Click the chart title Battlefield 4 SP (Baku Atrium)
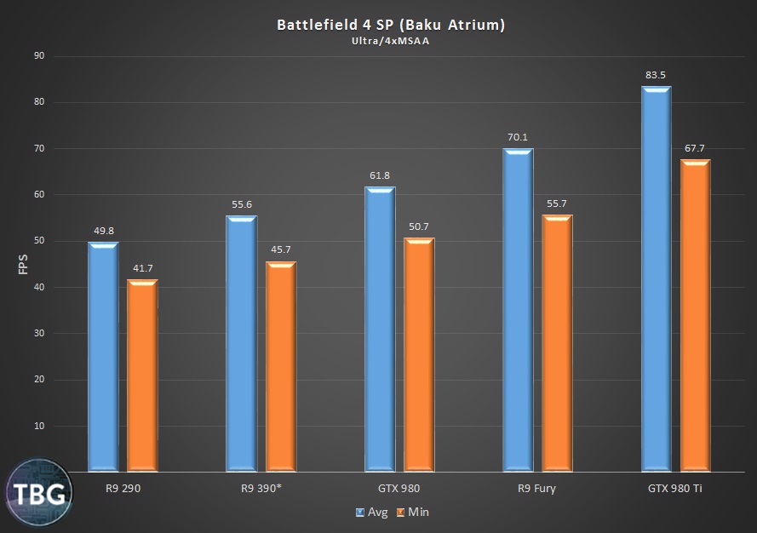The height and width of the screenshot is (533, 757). pyautogui.click(x=391, y=25)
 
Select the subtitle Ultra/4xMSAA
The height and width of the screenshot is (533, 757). pyautogui.click(x=391, y=41)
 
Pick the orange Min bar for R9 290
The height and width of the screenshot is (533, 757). pyautogui.click(x=142, y=375)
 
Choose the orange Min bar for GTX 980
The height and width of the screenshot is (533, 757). pyautogui.click(x=419, y=354)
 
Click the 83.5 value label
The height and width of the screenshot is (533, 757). pyautogui.click(x=656, y=76)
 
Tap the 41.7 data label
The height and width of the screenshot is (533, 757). pyautogui.click(x=142, y=269)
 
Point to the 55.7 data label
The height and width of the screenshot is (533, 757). pyautogui.click(x=558, y=204)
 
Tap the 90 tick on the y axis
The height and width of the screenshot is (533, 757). pyautogui.click(x=38, y=56)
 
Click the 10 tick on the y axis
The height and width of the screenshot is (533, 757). pyautogui.click(x=38, y=426)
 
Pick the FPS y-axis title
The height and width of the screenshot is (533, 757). pyautogui.click(x=22, y=263)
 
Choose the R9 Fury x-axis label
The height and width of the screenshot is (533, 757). pyautogui.click(x=538, y=489)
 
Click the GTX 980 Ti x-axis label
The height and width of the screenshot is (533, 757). pyautogui.click(x=674, y=489)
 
